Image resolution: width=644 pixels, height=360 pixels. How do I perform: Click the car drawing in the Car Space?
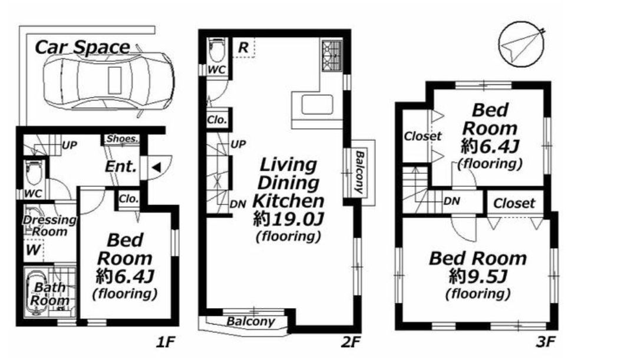click(x=109, y=81)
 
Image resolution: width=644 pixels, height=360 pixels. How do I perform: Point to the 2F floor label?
click(x=350, y=342)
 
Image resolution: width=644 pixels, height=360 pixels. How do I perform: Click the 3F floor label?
click(x=545, y=342)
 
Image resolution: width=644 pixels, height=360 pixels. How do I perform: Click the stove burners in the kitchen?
click(x=332, y=55)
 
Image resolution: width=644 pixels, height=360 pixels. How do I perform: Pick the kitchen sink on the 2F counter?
click(x=317, y=105)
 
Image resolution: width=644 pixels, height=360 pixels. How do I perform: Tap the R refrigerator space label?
click(x=243, y=47)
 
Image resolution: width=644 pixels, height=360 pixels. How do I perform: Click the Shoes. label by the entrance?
click(x=122, y=138)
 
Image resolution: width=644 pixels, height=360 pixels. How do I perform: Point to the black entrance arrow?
click(x=156, y=167)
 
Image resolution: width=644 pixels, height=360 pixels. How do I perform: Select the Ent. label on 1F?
click(x=120, y=167)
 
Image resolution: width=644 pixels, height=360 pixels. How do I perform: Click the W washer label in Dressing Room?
click(x=33, y=250)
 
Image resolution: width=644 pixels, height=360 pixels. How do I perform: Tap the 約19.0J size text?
click(x=288, y=219)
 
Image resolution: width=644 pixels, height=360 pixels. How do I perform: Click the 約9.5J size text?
click(x=478, y=276)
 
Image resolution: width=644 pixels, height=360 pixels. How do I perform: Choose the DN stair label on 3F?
click(x=452, y=202)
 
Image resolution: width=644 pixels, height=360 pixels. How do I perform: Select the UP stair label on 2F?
click(x=238, y=144)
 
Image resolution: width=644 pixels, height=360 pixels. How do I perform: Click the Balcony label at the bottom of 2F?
click(x=250, y=321)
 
